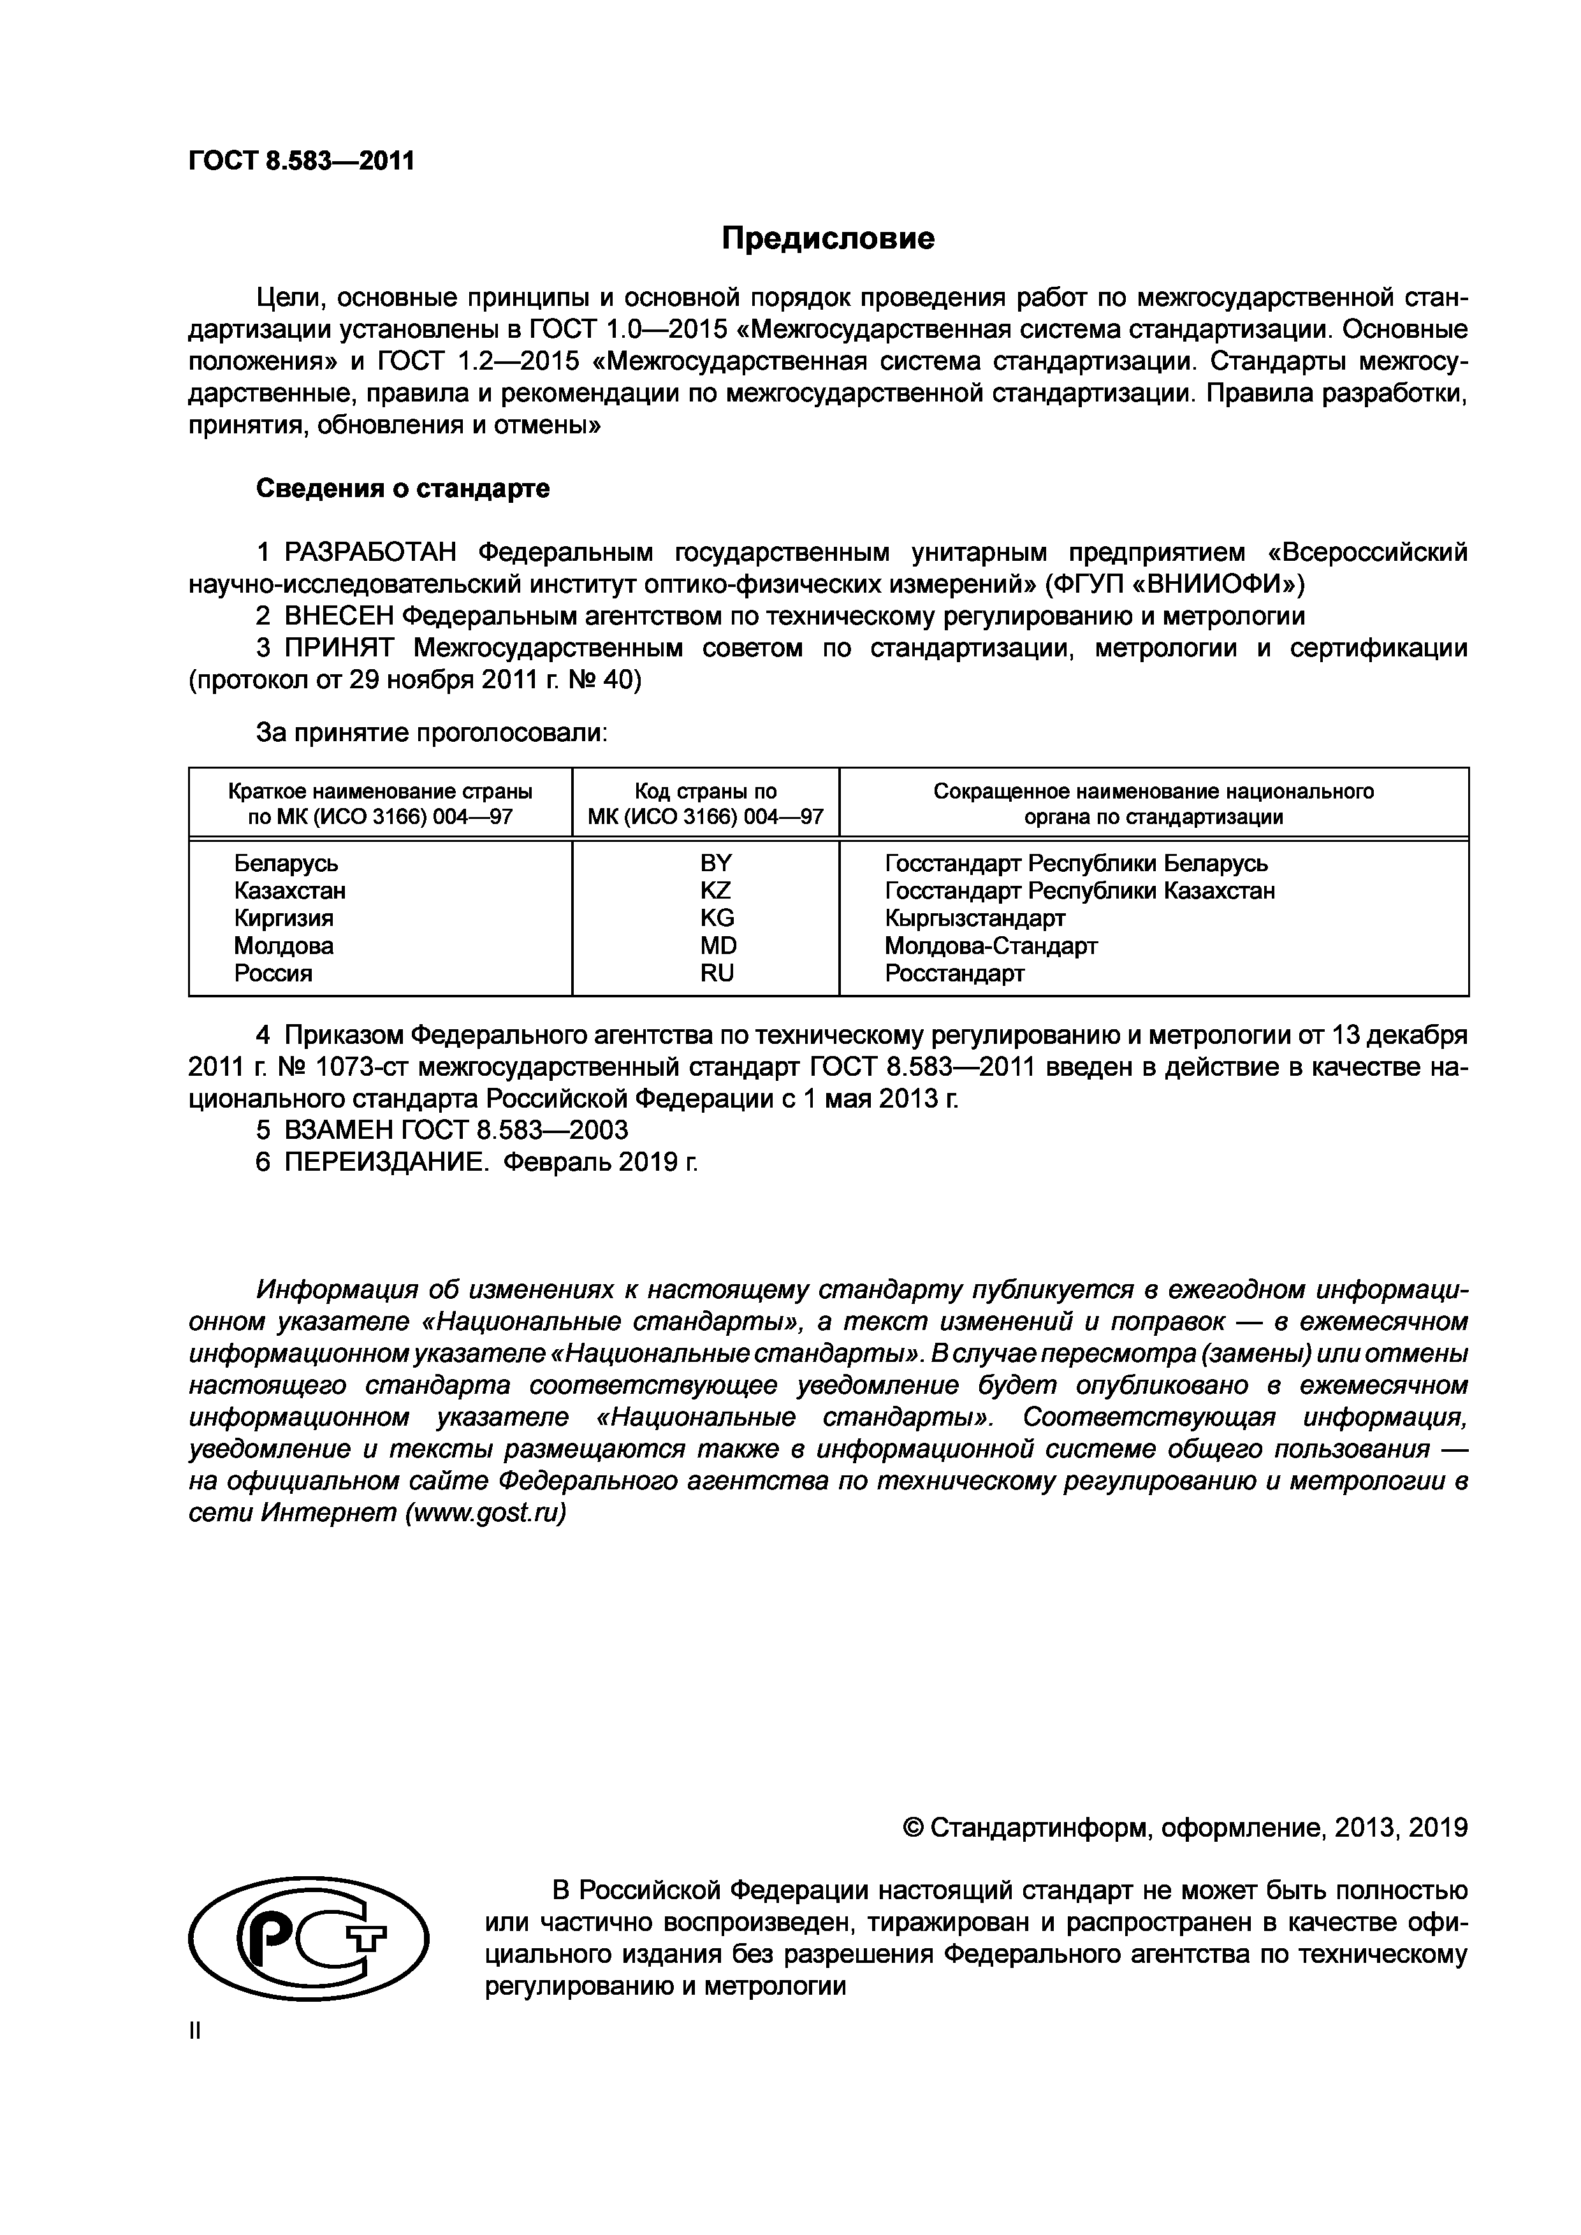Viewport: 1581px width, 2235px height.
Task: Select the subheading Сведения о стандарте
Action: (402, 489)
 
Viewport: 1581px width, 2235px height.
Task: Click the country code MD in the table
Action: (717, 945)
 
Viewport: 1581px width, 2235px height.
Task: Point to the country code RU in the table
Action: (717, 973)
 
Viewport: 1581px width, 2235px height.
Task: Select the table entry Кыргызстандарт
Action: (975, 918)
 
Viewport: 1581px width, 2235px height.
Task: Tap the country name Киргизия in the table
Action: (283, 918)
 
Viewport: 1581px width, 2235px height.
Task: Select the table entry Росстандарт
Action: (954, 973)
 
